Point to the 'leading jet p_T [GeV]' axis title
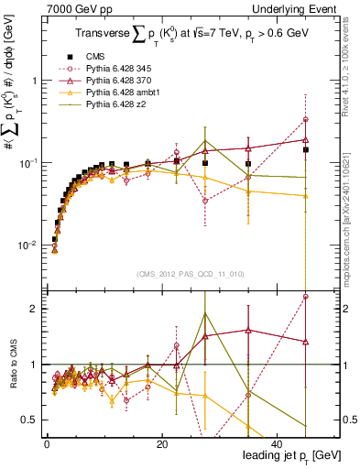click(x=292, y=455)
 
